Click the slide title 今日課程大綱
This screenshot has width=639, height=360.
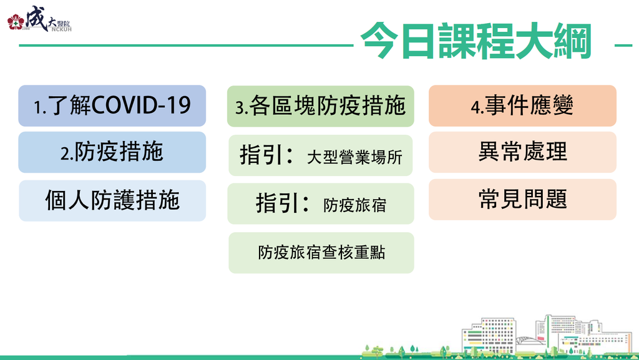coord(476,41)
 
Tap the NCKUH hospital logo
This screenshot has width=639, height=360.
coord(39,19)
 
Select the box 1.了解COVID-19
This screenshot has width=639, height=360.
coord(112,105)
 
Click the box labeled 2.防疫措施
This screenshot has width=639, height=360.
coord(112,152)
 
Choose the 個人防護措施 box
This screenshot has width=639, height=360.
coord(112,200)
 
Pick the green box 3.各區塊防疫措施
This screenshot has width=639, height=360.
coord(321,106)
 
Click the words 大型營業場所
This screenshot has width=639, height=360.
coord(354,157)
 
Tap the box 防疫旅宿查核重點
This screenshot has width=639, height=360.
coord(321,253)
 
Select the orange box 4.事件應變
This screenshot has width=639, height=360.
coord(522,105)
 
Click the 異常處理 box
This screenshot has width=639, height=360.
coord(522,152)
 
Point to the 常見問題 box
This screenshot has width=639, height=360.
coord(522,199)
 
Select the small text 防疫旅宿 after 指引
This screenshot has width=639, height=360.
coord(354,205)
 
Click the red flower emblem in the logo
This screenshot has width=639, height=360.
coord(16,22)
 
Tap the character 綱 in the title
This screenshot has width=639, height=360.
coord(573,41)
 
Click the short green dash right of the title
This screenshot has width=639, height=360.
coord(623,45)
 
